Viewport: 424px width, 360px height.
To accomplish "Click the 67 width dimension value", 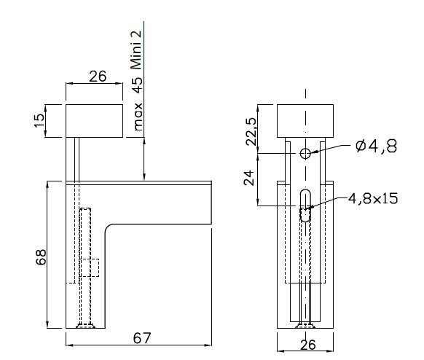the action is [142, 338].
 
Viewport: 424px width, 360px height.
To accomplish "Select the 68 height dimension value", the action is [41, 257].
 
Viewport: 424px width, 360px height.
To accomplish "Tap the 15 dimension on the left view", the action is [39, 120].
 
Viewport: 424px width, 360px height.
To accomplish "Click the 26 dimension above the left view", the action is [98, 77].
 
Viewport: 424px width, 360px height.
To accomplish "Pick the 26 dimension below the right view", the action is [308, 345].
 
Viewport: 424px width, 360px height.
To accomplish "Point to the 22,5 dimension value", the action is [251, 132].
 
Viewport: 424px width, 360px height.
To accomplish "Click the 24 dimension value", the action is [249, 178].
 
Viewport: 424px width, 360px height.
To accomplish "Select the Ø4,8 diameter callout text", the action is [376, 146].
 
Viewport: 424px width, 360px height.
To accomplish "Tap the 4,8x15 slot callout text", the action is [373, 198].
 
